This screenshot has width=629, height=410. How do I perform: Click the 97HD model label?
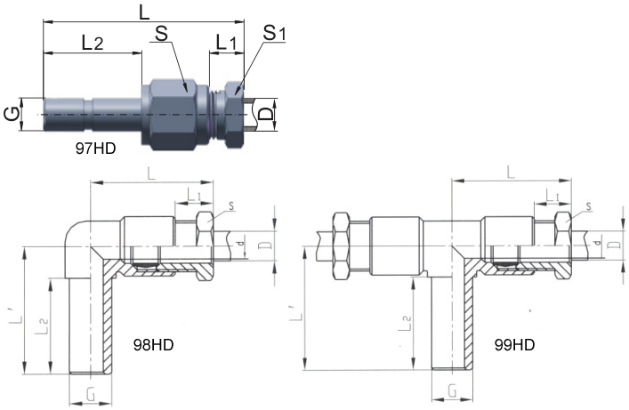click(x=95, y=149)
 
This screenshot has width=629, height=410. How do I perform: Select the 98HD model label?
click(x=153, y=344)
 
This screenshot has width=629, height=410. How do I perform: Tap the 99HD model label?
click(x=514, y=344)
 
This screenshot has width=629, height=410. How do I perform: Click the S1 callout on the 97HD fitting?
click(x=274, y=33)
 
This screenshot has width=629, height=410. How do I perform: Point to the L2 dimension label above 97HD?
click(x=93, y=42)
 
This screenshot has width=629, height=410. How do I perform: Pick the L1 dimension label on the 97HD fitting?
click(x=226, y=42)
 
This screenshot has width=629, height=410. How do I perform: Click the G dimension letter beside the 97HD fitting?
click(x=12, y=115)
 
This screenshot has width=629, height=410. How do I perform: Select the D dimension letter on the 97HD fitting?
click(x=265, y=115)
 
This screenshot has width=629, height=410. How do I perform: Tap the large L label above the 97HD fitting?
click(x=143, y=12)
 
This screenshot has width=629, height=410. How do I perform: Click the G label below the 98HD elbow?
click(x=92, y=395)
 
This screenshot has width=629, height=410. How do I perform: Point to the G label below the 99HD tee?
click(x=453, y=390)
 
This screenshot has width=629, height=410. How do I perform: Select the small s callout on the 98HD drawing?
click(x=231, y=206)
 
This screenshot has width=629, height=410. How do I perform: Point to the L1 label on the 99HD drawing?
click(x=552, y=196)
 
